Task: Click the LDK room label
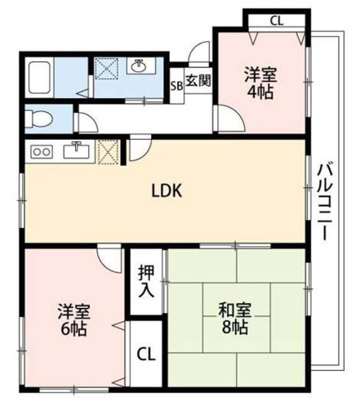click(167, 191)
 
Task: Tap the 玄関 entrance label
click(198, 81)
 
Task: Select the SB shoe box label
click(177, 86)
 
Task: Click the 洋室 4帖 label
click(261, 83)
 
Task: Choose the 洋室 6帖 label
click(74, 320)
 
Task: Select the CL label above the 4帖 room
click(276, 21)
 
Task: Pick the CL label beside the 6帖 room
click(146, 354)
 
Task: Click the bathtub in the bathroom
click(39, 77)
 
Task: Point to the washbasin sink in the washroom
click(138, 66)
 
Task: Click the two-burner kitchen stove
click(42, 152)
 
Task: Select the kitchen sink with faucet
click(76, 150)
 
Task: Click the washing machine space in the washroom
click(106, 67)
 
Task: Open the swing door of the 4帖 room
click(230, 120)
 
